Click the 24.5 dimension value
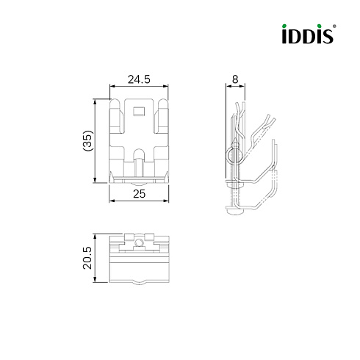(139, 79)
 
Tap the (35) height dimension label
(88, 140)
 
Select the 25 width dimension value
(139, 194)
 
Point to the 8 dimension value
(235, 79)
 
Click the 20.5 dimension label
(87, 258)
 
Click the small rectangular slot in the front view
(139, 111)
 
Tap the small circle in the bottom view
(140, 243)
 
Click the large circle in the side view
(234, 155)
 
